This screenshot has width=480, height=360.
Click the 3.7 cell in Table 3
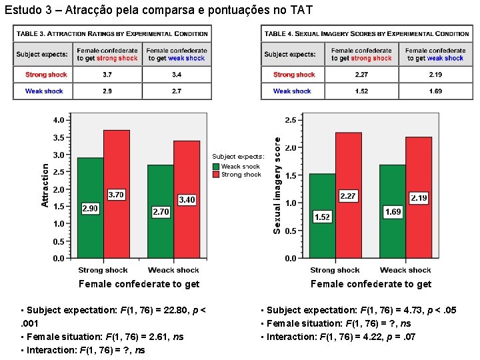(x=107, y=75)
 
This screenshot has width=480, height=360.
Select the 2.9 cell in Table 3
(x=107, y=91)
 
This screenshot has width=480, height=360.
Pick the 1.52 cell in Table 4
(x=362, y=91)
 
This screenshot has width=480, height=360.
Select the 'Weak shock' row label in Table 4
(x=292, y=91)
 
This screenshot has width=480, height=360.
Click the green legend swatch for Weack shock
(x=216, y=167)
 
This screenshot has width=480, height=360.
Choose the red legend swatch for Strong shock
(x=216, y=175)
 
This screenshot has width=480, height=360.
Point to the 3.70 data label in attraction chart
(x=116, y=195)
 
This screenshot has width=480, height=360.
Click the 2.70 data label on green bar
(x=161, y=212)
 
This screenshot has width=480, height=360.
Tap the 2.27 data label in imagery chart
(x=348, y=196)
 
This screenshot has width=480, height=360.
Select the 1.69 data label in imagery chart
(x=393, y=212)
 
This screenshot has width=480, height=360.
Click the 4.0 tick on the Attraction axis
(x=59, y=121)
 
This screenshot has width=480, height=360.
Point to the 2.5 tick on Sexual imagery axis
(x=291, y=120)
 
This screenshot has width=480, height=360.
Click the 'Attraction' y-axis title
(x=45, y=185)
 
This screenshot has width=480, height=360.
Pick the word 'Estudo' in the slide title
(x=20, y=10)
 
